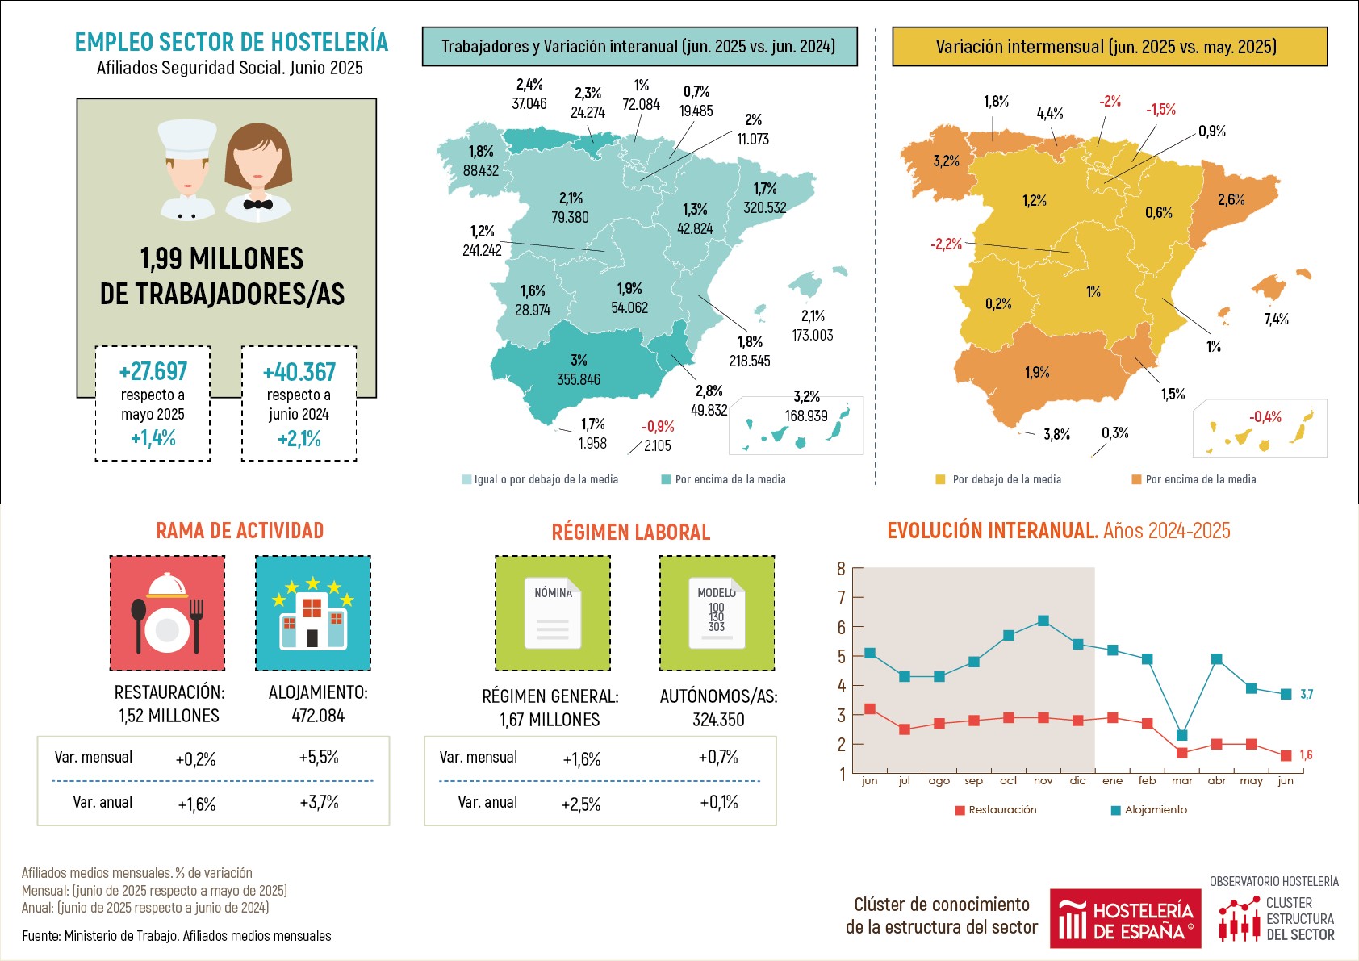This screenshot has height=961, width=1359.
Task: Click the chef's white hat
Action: [187, 138]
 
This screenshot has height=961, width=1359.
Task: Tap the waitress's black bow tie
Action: [257, 204]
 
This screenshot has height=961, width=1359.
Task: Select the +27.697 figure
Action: [153, 372]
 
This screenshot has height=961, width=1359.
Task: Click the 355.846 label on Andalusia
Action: [578, 379]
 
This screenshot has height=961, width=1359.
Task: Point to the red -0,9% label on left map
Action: [658, 426]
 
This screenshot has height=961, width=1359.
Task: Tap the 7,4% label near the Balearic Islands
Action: [1276, 320]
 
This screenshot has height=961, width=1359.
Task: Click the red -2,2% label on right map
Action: [946, 244]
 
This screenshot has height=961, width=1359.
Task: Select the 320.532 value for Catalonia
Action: [764, 208]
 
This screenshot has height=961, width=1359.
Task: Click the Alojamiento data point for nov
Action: [1043, 620]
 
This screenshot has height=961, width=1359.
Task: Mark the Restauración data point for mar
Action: [1181, 753]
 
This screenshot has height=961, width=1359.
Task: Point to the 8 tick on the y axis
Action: [841, 569]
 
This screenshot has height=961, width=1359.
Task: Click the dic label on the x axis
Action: [1077, 781]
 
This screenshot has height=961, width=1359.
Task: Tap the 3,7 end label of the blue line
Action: [1306, 694]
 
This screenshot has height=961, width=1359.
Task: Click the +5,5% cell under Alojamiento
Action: [318, 758]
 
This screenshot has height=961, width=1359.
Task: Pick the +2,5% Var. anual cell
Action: [580, 804]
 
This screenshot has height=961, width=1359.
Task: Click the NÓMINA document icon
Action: [553, 613]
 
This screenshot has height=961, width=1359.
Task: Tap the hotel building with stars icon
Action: [312, 613]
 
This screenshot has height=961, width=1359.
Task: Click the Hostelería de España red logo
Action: [1125, 919]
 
